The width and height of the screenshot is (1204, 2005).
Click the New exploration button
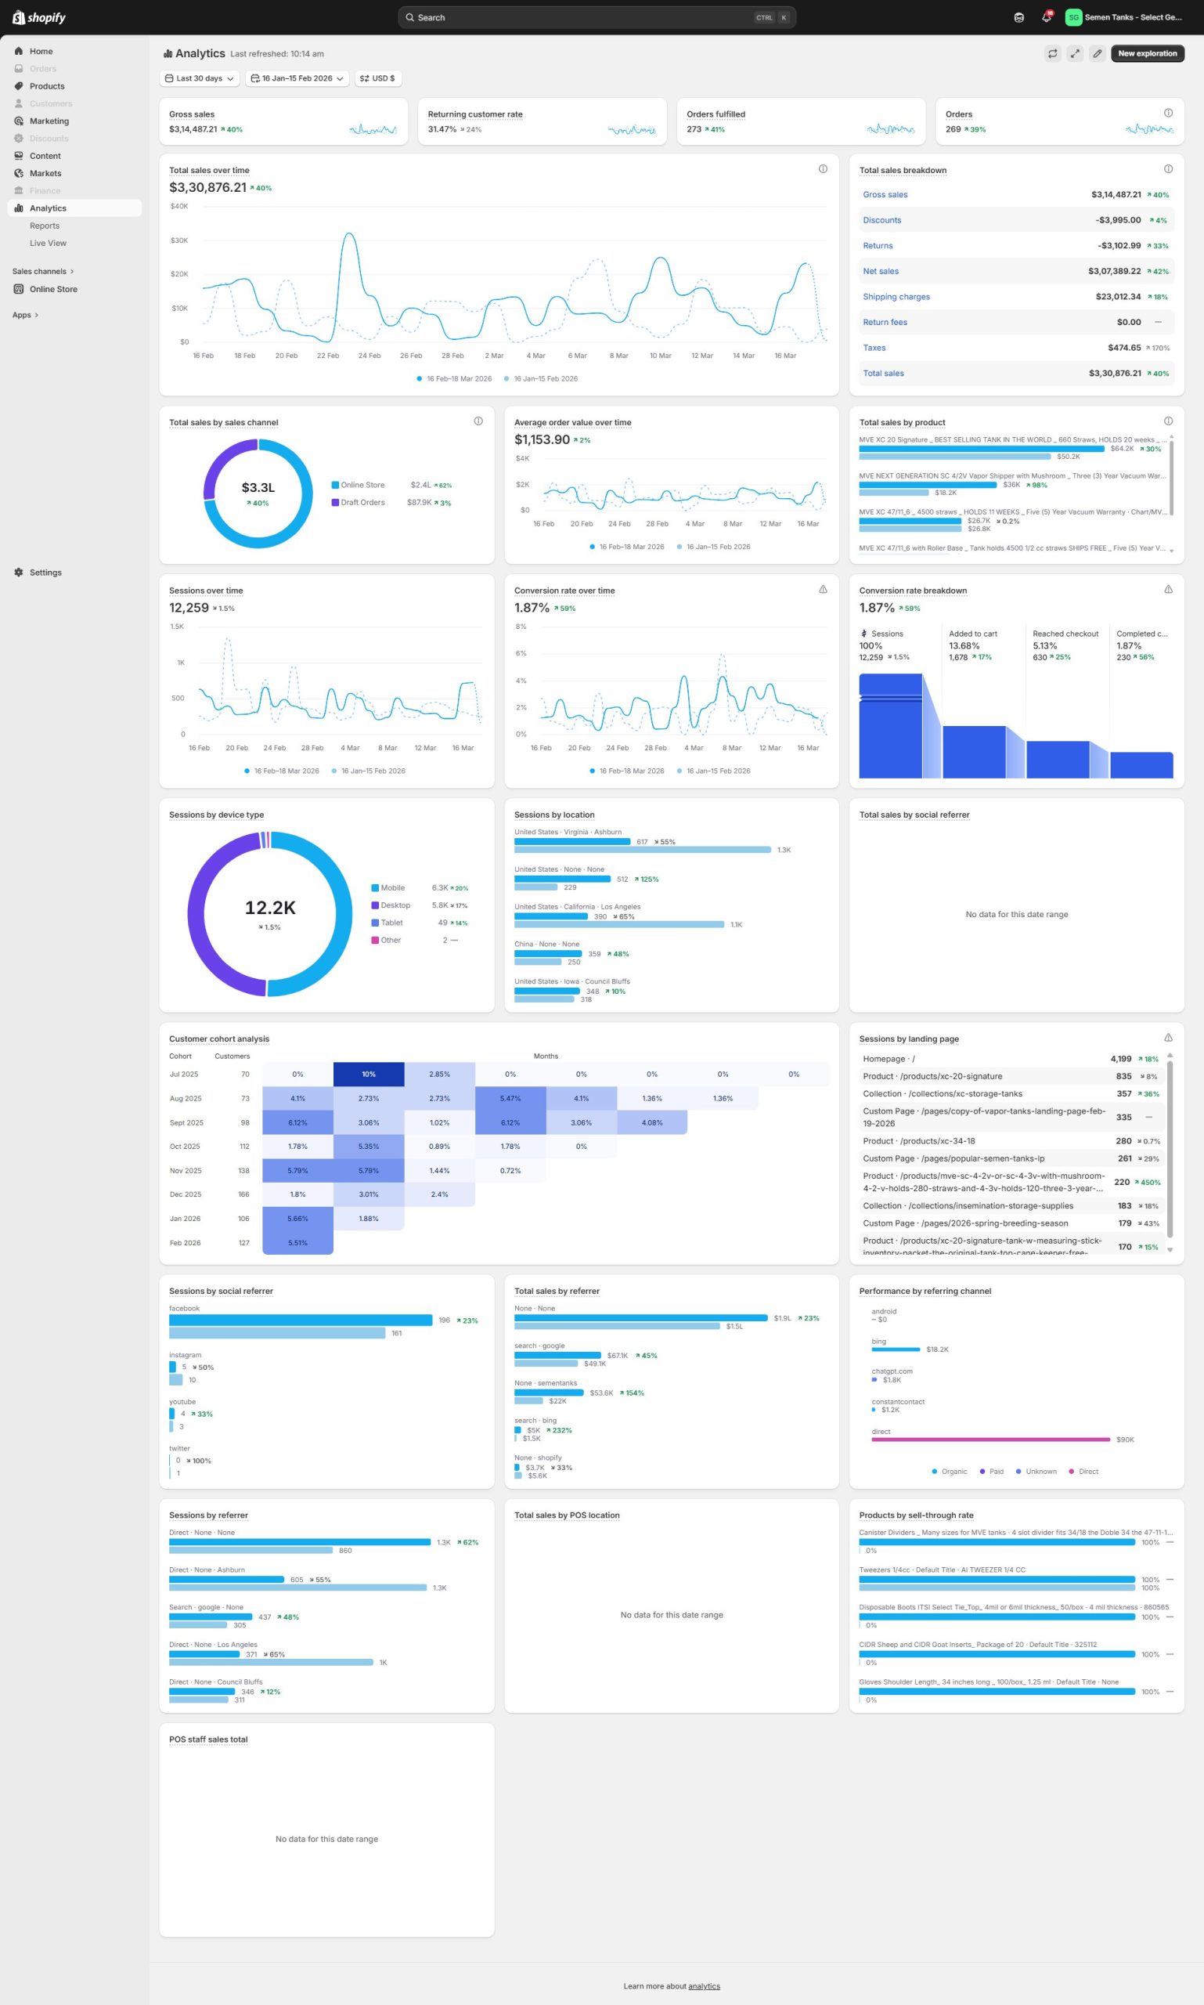click(1146, 53)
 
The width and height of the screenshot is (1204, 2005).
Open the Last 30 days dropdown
click(200, 79)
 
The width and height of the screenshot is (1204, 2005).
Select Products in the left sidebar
click(47, 86)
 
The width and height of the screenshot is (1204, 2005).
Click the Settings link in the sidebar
click(45, 573)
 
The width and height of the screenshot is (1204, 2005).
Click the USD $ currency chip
click(378, 79)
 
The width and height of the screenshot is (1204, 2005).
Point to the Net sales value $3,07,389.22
click(1114, 271)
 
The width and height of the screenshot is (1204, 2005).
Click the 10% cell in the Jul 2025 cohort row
click(369, 1074)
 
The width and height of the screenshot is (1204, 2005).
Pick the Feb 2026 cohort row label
click(185, 1243)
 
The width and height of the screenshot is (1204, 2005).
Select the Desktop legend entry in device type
click(395, 905)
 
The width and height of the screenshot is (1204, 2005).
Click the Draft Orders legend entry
click(362, 503)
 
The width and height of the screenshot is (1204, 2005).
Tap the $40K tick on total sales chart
click(179, 206)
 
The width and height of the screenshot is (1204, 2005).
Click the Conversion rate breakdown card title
click(912, 591)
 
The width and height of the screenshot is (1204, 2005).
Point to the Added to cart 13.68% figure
click(964, 646)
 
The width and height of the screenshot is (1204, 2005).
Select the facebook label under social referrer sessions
click(184, 1309)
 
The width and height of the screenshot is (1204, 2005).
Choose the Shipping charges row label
click(896, 297)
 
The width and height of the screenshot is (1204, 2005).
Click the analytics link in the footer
click(704, 1986)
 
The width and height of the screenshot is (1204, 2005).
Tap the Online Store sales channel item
click(53, 289)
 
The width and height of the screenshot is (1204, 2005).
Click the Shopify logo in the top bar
click(39, 17)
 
